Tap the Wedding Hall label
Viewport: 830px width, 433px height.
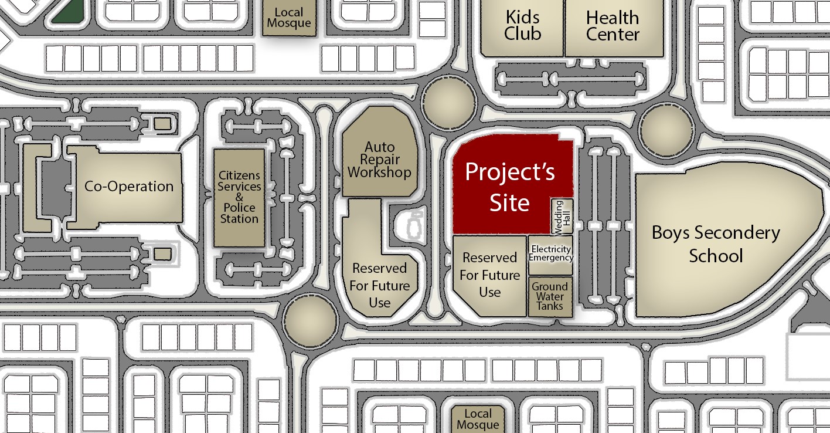[563, 217]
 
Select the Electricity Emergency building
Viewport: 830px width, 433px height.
[550, 255]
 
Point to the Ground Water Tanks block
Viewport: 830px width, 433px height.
[550, 297]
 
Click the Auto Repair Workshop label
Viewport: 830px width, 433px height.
[379, 160]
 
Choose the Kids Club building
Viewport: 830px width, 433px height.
[522, 27]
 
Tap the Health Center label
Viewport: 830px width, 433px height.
[613, 26]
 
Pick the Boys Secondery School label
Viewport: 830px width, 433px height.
[716, 244]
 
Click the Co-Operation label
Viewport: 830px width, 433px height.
[128, 186]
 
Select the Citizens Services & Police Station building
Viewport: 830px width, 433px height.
[239, 198]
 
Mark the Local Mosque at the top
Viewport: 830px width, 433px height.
[289, 18]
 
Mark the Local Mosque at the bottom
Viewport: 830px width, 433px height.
[478, 420]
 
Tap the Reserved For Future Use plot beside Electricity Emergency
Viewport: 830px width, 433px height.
[489, 275]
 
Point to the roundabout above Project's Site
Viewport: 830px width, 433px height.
[449, 102]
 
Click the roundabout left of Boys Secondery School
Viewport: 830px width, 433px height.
[666, 130]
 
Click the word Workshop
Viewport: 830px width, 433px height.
[379, 172]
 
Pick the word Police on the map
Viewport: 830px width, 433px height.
[239, 208]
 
